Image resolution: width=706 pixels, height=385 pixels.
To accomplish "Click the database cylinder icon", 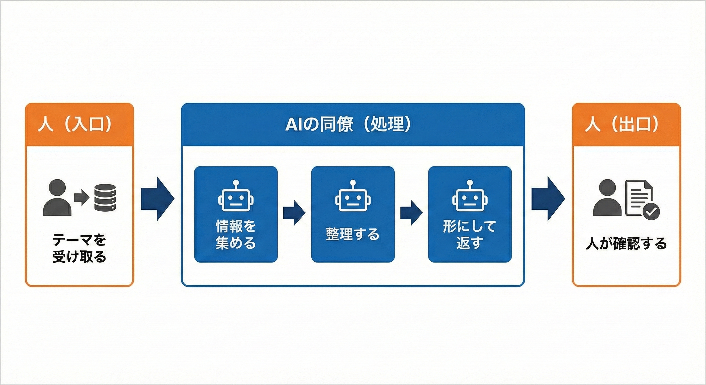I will coord(105,197).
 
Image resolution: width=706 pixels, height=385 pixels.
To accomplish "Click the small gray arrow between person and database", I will coord(81,197).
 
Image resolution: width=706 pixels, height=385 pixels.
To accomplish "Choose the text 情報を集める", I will coord(236,234).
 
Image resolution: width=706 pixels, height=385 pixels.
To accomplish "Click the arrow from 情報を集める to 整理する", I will coord(294,213).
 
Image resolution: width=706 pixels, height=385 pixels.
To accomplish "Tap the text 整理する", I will coord(353,234).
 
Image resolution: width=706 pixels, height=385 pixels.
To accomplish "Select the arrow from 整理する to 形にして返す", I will coord(411,213).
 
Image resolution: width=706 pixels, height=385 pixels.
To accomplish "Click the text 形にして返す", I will coord(470,234).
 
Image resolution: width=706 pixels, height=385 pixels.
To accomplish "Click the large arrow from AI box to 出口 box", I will coord(548,199).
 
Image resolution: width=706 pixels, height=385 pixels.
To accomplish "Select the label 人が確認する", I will coord(626,244).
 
